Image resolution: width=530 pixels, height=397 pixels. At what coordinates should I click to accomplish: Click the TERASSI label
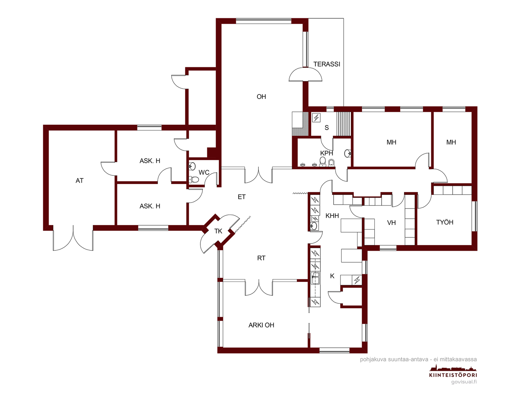(327, 64)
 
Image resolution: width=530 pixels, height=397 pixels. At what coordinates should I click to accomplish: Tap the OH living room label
(261, 97)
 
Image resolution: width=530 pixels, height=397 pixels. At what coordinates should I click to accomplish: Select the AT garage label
(79, 181)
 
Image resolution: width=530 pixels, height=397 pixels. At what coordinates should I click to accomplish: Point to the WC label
(204, 172)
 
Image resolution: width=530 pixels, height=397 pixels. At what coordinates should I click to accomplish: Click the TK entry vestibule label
(218, 231)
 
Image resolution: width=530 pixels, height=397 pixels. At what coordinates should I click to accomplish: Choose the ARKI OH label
(261, 325)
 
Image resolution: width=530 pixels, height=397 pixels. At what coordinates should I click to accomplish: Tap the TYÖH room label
(445, 222)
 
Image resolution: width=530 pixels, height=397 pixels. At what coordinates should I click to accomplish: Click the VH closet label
(391, 223)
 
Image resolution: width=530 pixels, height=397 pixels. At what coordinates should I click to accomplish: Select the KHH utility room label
(332, 216)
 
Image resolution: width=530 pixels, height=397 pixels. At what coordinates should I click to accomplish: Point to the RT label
(261, 258)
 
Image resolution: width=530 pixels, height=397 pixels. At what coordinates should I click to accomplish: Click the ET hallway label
(241, 197)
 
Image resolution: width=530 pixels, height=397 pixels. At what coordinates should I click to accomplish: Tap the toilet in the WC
(194, 179)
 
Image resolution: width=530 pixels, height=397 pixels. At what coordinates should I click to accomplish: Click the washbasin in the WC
(192, 166)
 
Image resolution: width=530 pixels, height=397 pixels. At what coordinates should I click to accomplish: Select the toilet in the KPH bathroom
(322, 161)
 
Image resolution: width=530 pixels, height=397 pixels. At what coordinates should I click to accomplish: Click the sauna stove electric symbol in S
(316, 118)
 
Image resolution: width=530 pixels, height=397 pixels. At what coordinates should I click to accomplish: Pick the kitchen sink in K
(315, 278)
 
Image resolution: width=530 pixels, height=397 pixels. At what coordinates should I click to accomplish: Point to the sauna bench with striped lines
(344, 124)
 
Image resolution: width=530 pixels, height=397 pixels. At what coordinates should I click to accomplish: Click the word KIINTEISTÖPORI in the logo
(453, 375)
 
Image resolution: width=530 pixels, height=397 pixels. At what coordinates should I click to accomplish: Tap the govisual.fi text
(464, 382)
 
